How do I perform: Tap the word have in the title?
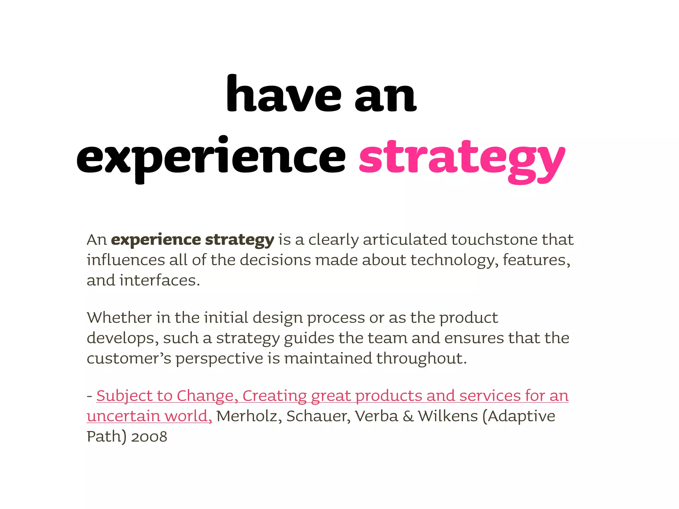pyautogui.click(x=283, y=94)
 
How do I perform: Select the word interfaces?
pyautogui.click(x=159, y=281)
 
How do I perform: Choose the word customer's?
pyautogui.click(x=129, y=359)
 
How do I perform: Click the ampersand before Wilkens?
pyautogui.click(x=408, y=417)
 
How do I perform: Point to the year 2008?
pyautogui.click(x=149, y=437)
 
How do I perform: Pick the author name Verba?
pyautogui.click(x=377, y=417)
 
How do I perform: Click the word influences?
pyautogui.click(x=126, y=260)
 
